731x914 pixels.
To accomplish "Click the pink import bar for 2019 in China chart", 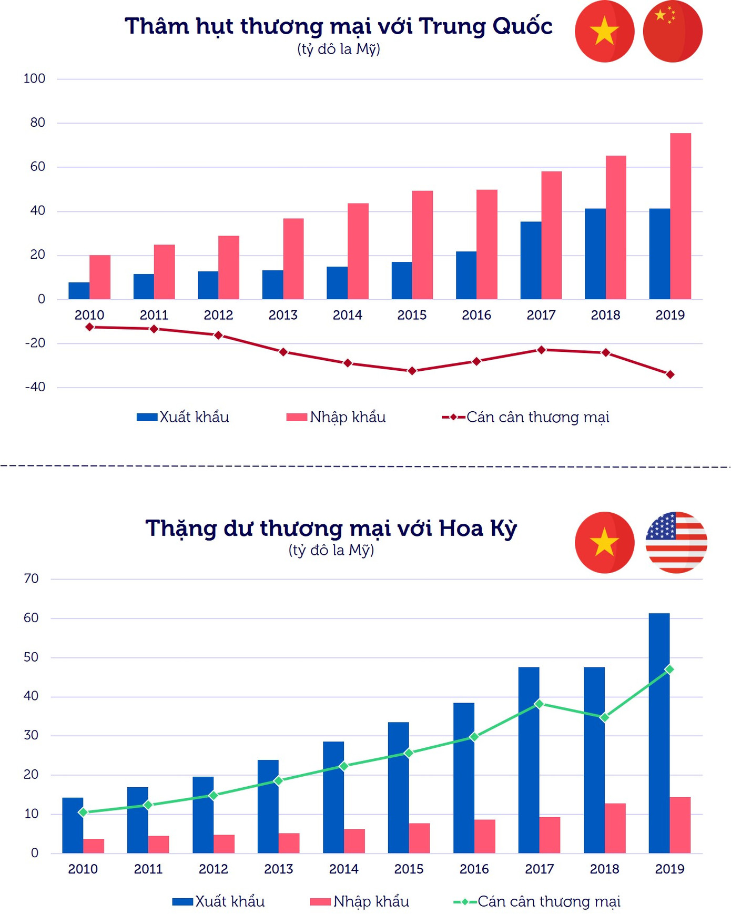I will tap(681, 216).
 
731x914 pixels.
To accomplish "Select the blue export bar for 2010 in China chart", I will tap(79, 291).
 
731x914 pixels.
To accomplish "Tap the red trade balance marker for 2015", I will tap(412, 371).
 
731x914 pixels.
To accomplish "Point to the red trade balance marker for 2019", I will tap(670, 375).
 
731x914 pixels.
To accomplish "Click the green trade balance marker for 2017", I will tap(539, 704).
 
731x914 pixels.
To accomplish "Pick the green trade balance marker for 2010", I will tap(83, 813).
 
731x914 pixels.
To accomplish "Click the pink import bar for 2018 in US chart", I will tap(615, 828).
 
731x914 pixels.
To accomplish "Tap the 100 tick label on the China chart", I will tap(34, 79).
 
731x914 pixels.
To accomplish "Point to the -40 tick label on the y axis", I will tap(35, 387).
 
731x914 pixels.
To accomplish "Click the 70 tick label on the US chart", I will tap(31, 579).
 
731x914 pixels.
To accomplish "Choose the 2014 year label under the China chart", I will tap(347, 316).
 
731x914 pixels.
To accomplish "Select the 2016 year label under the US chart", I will tap(474, 869).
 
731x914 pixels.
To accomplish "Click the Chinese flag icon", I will tap(673, 32).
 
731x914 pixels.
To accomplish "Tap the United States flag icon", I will tap(676, 542).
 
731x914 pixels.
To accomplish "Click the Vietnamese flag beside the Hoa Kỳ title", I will tap(604, 542).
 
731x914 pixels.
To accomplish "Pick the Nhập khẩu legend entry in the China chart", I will tap(336, 418).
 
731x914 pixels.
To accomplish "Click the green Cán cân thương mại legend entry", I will tap(537, 902).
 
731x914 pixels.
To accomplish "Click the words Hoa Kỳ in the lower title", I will tap(478, 529).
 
